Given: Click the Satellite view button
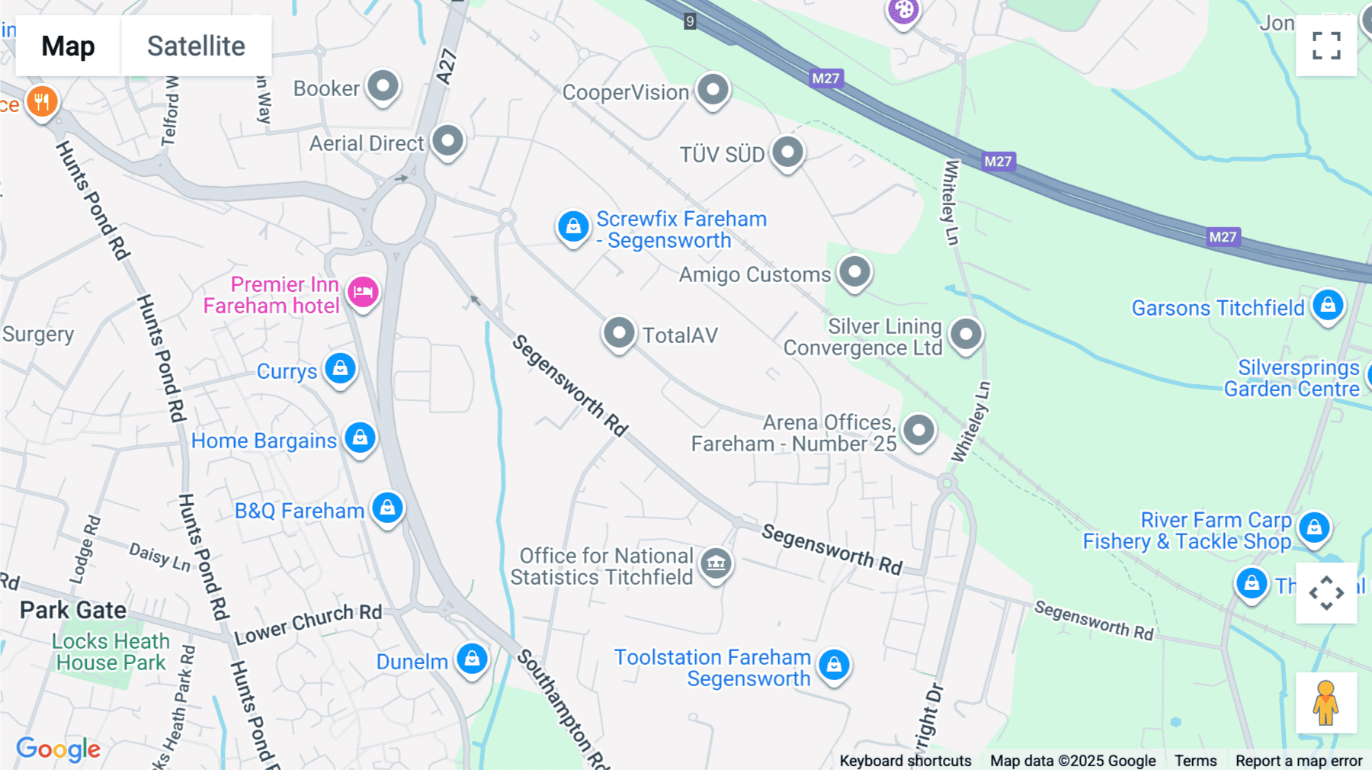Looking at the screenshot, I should [196, 46].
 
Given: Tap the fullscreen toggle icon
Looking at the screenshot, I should [1326, 46].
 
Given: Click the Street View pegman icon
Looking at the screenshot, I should [1326, 703].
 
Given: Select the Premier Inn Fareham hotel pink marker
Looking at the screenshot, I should [363, 292].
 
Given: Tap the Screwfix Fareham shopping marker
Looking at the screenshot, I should [573, 226].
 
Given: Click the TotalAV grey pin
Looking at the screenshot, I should [619, 333].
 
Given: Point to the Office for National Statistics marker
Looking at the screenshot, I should [716, 564].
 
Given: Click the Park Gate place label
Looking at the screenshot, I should [73, 610].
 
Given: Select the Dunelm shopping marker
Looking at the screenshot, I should [472, 659].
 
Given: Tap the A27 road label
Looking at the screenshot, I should [447, 66].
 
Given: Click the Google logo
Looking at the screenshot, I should [58, 749].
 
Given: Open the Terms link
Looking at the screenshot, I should [1195, 760].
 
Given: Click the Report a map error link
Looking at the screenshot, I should [1299, 760].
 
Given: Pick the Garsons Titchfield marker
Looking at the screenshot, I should [1328, 306].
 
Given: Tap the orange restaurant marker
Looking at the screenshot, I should [42, 101].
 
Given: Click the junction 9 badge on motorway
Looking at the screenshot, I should [690, 21].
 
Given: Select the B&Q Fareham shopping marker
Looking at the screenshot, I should [387, 508].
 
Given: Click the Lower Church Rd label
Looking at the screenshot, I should [308, 623].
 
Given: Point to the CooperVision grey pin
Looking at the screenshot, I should [713, 90].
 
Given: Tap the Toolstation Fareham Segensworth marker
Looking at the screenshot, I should [834, 665].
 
